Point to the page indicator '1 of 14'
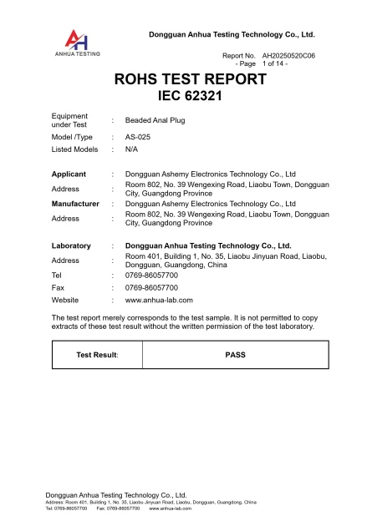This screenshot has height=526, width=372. click(274, 63)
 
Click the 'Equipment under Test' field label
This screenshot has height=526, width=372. click(65, 120)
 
